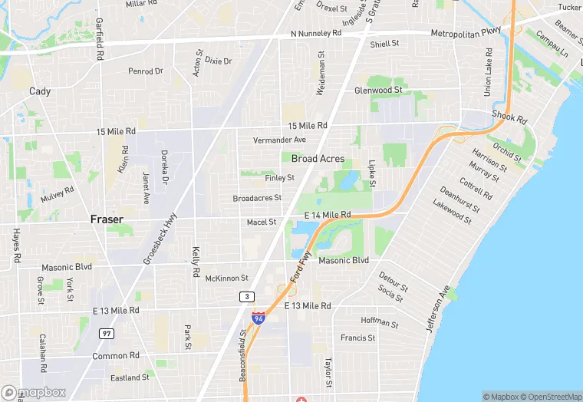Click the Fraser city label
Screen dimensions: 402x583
coord(107,219)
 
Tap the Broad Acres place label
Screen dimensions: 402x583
coord(318,159)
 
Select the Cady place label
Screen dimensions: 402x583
coord(40,91)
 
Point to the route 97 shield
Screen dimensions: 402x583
coord(106,334)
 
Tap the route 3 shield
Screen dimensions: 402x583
coord(246,296)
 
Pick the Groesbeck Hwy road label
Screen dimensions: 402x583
coord(160,239)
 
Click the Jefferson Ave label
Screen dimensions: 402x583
coord(436,308)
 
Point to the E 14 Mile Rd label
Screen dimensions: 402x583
coord(328,215)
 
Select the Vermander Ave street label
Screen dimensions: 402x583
coord(280,140)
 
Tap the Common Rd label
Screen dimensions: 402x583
coord(116,356)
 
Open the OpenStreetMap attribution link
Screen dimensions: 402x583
coord(551,397)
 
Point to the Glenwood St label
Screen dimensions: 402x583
coord(378,91)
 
